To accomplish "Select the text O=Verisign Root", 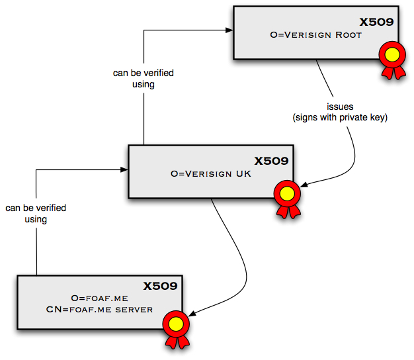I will click(x=316, y=35).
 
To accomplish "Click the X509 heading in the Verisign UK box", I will click(x=272, y=161).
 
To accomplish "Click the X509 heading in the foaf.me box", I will click(x=161, y=286).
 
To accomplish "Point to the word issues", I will click(x=340, y=107).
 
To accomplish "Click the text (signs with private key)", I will click(x=340, y=117).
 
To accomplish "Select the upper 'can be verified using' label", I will click(x=144, y=79).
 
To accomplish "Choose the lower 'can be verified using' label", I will click(x=36, y=213).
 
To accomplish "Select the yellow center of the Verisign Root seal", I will click(x=392, y=53).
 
